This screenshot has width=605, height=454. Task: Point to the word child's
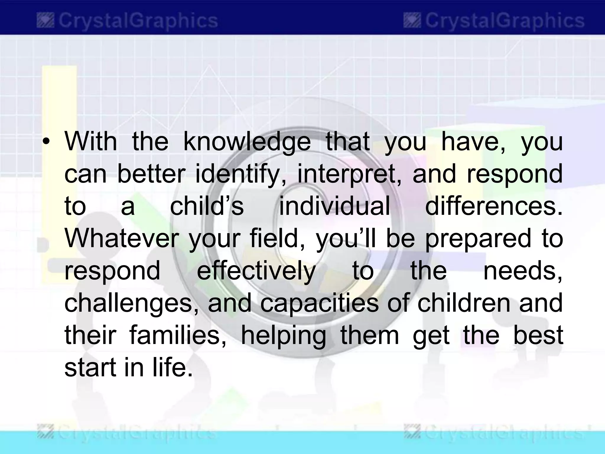(x=206, y=206)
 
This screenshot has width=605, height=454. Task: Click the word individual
(x=334, y=206)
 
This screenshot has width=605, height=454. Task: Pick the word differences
(x=494, y=206)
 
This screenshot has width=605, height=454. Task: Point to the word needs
(x=523, y=271)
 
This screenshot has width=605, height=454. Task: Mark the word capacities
(x=319, y=303)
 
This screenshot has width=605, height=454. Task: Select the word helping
(x=283, y=336)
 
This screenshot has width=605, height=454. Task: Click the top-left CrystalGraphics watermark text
(x=138, y=21)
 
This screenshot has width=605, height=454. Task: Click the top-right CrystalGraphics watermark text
(x=504, y=21)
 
